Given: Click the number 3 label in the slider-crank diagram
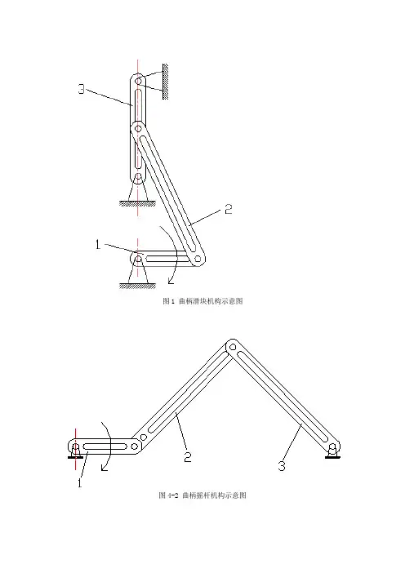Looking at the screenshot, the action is click(x=82, y=89).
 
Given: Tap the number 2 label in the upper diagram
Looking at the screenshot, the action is click(x=229, y=209).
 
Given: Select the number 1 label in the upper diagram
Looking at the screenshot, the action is click(x=98, y=245).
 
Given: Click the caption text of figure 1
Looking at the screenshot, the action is click(x=202, y=301).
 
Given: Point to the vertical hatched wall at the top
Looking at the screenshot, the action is click(x=165, y=82).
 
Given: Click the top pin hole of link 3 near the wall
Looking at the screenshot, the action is click(x=139, y=80).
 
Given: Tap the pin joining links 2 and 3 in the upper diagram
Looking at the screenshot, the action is click(x=138, y=129).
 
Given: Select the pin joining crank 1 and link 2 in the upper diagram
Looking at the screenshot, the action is click(x=198, y=259).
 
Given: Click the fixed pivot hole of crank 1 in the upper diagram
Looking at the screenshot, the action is click(x=139, y=259).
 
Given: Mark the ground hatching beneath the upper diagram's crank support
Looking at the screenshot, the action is click(x=137, y=286).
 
